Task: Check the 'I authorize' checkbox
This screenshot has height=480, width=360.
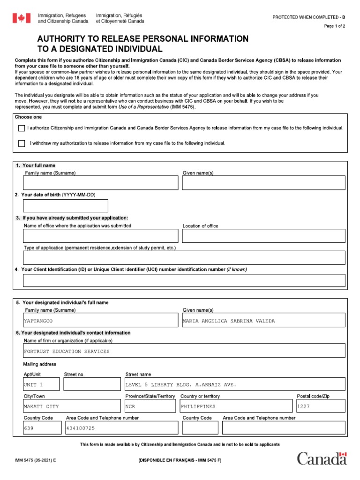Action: (x=22, y=128)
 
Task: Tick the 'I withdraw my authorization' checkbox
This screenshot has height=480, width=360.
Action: (x=22, y=143)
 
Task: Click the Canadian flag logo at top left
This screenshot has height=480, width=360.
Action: (x=21, y=18)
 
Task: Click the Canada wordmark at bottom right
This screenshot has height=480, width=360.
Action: (x=322, y=458)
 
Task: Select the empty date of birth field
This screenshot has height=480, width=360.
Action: (x=66, y=206)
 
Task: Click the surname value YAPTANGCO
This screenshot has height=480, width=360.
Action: (x=38, y=321)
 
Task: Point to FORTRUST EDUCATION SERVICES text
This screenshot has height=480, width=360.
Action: (x=67, y=351)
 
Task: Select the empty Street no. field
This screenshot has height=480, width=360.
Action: (x=92, y=384)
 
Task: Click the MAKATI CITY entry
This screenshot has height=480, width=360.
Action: (x=41, y=406)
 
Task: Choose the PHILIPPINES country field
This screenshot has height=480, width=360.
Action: (x=198, y=406)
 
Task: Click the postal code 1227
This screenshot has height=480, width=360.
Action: (x=304, y=406)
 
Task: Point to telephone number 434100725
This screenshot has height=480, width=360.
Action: (x=81, y=428)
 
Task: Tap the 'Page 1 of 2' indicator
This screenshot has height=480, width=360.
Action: (x=335, y=26)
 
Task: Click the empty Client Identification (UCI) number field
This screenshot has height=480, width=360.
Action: (x=184, y=280)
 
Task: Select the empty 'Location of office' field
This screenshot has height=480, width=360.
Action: (x=263, y=236)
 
